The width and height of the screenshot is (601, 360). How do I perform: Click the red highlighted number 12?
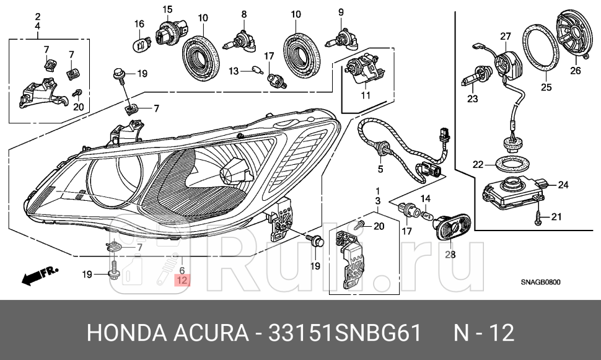(182, 280)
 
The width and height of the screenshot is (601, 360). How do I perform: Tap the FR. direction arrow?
(39, 276)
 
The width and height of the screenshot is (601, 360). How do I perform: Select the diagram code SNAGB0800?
(540, 282)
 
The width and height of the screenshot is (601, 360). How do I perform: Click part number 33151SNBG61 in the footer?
(345, 332)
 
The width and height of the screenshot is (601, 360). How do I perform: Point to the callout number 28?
(450, 254)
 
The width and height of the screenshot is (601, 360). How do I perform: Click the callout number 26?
(576, 71)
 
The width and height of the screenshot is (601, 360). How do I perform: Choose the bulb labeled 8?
(237, 43)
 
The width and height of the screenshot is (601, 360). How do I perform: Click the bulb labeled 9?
(341, 41)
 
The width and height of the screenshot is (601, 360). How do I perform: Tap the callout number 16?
(139, 24)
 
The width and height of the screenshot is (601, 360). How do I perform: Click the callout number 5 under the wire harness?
(380, 169)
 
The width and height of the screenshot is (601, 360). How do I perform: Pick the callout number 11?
(366, 95)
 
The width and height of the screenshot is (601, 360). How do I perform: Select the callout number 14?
(426, 199)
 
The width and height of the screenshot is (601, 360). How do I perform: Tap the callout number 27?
(506, 37)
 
